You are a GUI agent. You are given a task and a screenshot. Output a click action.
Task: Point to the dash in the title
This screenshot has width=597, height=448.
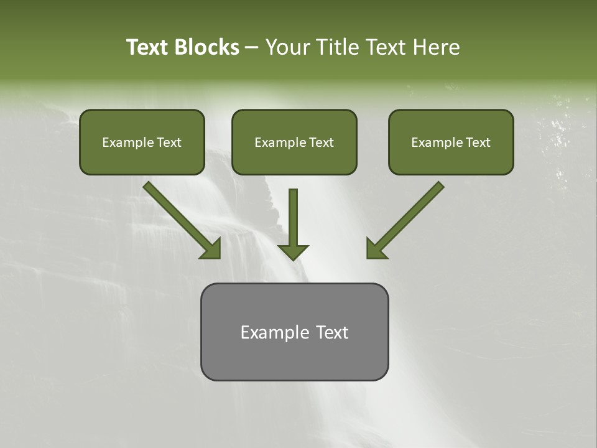click(x=252, y=48)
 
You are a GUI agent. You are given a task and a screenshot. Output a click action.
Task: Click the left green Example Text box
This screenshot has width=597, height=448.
click(x=142, y=142)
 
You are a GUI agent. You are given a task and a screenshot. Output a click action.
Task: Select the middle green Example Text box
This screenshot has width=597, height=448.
click(x=294, y=142)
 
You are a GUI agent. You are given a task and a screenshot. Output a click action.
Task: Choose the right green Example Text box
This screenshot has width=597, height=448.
click(x=451, y=142)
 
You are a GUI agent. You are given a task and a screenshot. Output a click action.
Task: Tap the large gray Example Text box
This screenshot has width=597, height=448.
click(x=294, y=332)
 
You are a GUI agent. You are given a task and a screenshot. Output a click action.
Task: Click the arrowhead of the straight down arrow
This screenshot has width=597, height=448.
click(x=293, y=251)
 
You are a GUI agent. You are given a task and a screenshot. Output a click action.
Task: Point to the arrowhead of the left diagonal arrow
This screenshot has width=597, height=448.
click(x=211, y=249)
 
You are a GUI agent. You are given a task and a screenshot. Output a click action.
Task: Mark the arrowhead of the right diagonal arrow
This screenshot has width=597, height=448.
click(x=376, y=249)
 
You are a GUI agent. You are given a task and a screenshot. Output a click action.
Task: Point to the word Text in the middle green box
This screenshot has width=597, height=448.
click(x=321, y=142)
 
